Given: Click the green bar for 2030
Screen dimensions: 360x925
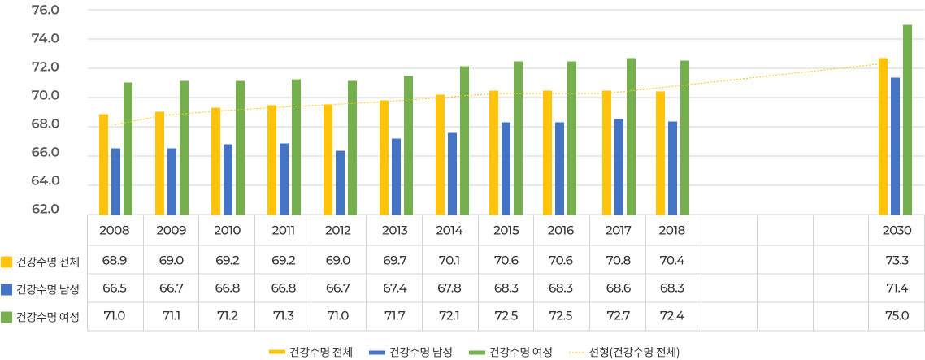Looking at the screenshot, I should (907, 119).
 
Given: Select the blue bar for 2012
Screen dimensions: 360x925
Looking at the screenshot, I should (340, 182).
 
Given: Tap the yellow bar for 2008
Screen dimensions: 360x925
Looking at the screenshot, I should (103, 163).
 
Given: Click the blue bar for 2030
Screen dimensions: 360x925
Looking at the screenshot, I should (895, 145).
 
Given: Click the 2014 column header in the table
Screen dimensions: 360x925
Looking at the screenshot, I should (449, 230).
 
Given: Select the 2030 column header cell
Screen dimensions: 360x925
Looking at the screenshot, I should (897, 230).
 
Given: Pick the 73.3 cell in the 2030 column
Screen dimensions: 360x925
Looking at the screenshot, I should (897, 261).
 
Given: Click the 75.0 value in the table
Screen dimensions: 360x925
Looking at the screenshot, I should (897, 316).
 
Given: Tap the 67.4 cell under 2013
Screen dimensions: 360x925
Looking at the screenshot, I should (394, 288).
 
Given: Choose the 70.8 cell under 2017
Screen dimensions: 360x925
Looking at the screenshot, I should (618, 261).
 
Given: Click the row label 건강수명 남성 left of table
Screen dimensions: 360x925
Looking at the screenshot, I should (47, 289).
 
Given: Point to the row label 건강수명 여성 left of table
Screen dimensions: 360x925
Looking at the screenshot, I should (47, 317).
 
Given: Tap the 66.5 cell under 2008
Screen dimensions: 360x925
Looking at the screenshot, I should (115, 288).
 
